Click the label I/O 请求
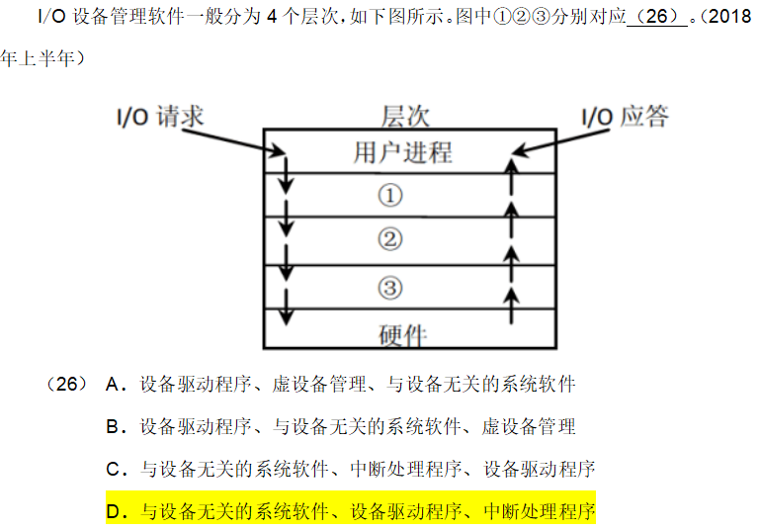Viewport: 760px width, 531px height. point(156,117)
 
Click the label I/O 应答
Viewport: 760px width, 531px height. point(624,117)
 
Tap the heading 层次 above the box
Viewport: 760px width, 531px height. point(405,116)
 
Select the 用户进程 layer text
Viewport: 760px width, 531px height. point(402,152)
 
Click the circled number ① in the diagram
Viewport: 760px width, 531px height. point(390,196)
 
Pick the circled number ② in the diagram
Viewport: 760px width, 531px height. point(390,239)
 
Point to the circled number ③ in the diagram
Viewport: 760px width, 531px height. point(390,287)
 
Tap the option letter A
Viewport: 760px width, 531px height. point(113,384)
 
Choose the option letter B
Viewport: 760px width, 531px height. point(113,427)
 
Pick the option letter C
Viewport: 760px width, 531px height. point(113,469)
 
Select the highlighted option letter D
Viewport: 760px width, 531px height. point(113,512)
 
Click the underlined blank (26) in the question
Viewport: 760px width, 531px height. point(656,17)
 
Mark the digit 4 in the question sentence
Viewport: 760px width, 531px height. point(272,17)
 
